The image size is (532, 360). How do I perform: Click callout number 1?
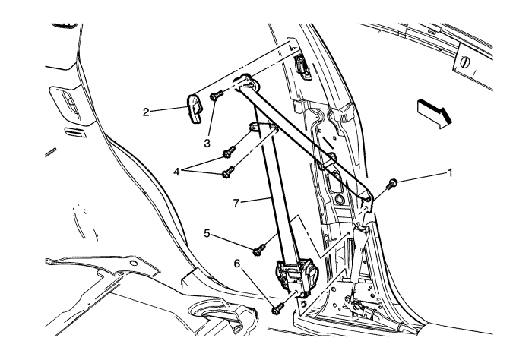point(450,173)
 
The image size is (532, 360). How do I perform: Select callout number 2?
point(146,112)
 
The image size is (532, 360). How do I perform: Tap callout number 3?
point(207,144)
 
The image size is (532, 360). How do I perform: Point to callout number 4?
point(176,172)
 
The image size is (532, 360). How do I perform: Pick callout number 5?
point(207,233)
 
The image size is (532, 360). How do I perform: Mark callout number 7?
point(236,203)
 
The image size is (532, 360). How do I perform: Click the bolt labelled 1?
point(391,184)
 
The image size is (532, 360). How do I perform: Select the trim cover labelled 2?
point(195,109)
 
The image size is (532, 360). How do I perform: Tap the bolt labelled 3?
point(216,95)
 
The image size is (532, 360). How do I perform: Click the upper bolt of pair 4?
point(229,152)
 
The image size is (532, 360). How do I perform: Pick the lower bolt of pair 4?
point(228,172)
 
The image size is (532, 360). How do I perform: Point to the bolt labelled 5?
point(260,250)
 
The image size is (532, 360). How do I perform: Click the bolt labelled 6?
point(278,308)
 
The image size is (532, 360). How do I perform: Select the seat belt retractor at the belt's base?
point(294,273)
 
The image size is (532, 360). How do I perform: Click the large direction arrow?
point(435,114)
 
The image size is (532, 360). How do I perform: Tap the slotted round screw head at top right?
point(465,62)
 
